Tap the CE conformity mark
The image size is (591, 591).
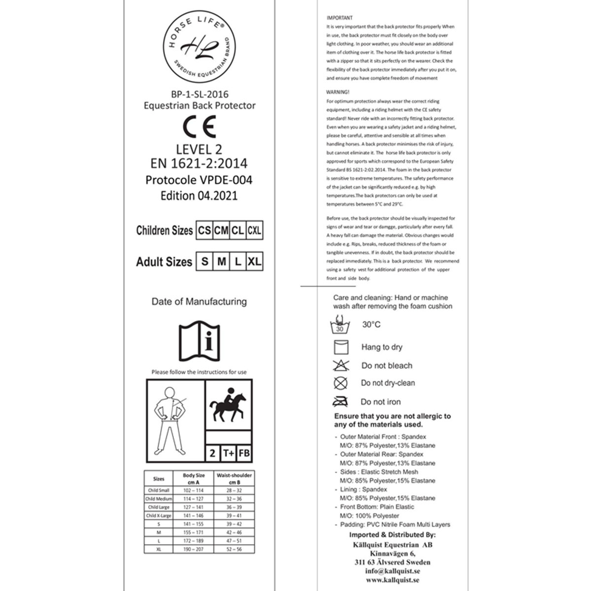point(199,127)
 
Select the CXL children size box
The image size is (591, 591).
point(254,230)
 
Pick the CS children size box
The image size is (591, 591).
point(204,230)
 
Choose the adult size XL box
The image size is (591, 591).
point(254,262)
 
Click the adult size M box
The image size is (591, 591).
point(222,262)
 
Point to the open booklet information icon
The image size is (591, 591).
point(199,341)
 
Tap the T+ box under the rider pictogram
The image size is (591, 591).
point(228,453)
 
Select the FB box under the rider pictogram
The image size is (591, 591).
point(244,453)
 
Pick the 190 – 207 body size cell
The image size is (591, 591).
point(193,549)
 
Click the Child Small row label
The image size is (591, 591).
point(159,491)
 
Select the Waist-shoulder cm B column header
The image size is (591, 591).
point(234,479)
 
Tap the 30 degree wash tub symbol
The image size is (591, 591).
point(340,326)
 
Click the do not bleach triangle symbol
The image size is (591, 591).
point(341,365)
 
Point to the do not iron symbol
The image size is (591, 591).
point(340,401)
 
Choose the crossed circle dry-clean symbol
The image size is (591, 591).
point(340,383)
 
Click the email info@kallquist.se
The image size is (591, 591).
point(392,571)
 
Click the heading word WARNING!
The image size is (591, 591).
point(338,92)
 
